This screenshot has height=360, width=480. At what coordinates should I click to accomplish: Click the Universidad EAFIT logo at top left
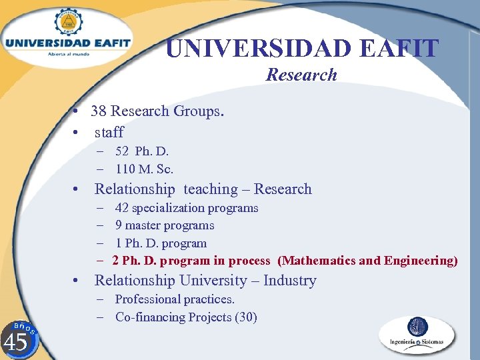point(67,37)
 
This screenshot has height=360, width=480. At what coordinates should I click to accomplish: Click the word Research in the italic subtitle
point(301,75)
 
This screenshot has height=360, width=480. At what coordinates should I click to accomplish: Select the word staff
point(109,132)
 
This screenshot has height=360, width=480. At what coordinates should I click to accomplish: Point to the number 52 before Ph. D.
point(122,151)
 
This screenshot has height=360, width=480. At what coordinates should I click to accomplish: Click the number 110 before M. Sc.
point(125,169)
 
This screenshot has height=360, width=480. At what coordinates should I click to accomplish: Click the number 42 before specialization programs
point(122,208)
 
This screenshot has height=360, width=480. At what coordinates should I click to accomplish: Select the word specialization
point(169,208)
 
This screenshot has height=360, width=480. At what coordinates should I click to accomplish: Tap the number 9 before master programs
point(119,225)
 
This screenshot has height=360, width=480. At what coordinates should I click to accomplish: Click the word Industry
point(289,281)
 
